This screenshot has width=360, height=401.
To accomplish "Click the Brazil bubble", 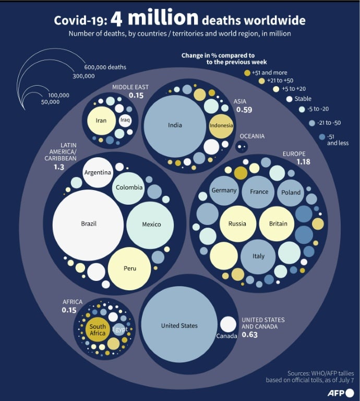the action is [x=88, y=225].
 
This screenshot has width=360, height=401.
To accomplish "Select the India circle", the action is [x=175, y=126].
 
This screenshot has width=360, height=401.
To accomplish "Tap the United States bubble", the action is [x=179, y=324].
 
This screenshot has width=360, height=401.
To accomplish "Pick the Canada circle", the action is [x=228, y=324].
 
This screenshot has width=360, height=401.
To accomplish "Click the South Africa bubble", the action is [x=98, y=329].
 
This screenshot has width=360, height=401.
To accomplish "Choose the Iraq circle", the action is [x=125, y=121].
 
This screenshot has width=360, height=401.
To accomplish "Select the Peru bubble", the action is [x=129, y=268].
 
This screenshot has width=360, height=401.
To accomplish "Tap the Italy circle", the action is [x=258, y=256].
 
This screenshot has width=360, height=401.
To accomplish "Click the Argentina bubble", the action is [x=98, y=172].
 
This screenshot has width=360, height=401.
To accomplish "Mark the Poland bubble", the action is [x=291, y=193].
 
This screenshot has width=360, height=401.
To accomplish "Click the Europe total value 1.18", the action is [x=303, y=162].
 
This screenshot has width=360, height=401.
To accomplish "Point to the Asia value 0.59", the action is [x=244, y=110].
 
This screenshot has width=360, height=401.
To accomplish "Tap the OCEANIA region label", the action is [x=252, y=136].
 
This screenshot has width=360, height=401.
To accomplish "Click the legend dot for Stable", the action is [x=289, y=99].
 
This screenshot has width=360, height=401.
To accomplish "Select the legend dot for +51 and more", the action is [x=247, y=73].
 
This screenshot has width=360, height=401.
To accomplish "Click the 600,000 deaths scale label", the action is [x=105, y=67].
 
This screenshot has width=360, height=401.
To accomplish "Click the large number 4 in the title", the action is [x=116, y=20].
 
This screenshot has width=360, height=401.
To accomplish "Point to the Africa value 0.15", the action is [x=69, y=310].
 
